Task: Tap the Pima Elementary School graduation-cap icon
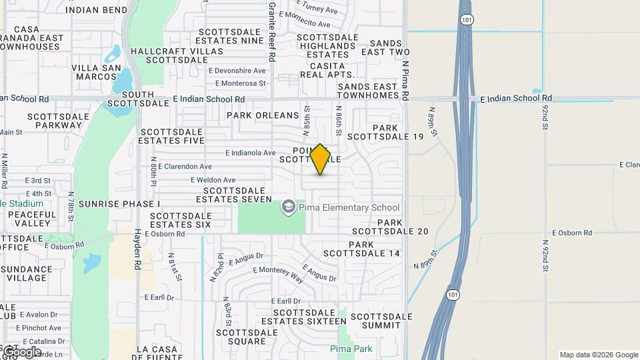[x=288, y=207]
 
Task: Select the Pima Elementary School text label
[x=349, y=207]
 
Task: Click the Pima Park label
[x=351, y=349]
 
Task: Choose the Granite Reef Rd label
[x=272, y=23]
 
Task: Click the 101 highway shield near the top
[x=467, y=20]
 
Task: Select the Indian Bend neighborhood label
[x=97, y=10]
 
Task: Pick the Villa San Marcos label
[x=96, y=72]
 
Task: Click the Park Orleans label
[x=263, y=115]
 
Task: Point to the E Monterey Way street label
[x=278, y=275]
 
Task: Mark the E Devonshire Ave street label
[x=237, y=71]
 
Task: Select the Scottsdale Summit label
[x=376, y=321]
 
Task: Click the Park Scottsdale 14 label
[x=361, y=249]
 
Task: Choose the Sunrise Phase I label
[x=119, y=203]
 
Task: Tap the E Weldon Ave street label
[x=213, y=180]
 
